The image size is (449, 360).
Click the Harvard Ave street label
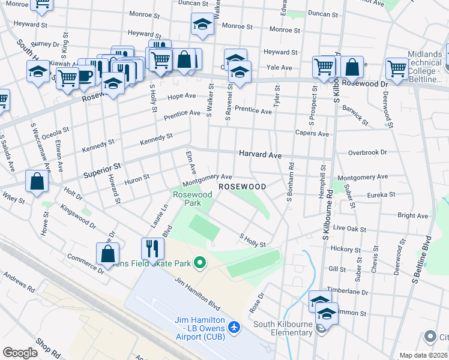[260, 155]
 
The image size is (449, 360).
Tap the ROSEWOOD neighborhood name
[242, 187]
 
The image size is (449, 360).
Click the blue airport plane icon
[234, 328]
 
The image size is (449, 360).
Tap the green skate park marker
[202, 262]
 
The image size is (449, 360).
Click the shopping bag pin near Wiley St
[37, 182]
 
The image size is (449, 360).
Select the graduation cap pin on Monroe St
[203, 25]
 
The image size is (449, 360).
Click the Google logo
[20, 352]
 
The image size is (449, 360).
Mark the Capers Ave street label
[312, 133]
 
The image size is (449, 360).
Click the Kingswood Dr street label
[77, 218]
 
